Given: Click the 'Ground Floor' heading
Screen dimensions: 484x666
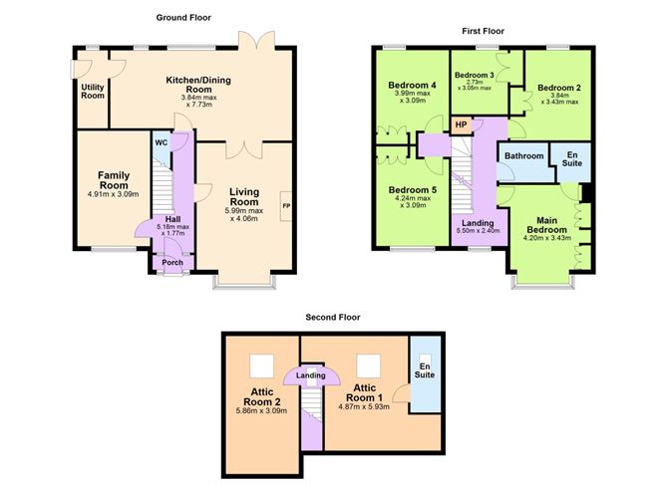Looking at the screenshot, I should tap(183, 17).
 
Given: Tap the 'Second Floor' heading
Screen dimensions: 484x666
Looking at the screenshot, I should tap(333, 318).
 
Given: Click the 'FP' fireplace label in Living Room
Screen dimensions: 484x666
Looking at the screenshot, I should tap(287, 206).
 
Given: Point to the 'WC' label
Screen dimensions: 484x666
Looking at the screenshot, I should tap(161, 142).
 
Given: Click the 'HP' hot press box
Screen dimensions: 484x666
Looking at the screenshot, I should tap(461, 124).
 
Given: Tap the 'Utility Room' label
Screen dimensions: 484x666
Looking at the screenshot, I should tap(93, 93).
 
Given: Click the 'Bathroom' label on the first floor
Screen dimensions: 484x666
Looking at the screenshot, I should tap(523, 156).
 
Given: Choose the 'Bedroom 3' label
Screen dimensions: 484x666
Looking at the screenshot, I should tap(476, 76).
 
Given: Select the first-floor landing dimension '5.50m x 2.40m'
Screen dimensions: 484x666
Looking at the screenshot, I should tap(476, 231).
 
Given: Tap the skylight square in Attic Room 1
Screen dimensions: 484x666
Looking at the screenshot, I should tap(368, 363).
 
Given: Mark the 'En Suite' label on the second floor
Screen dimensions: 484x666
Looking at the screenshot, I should tap(426, 373).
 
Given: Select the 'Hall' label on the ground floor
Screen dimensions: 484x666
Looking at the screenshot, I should tap(171, 220).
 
